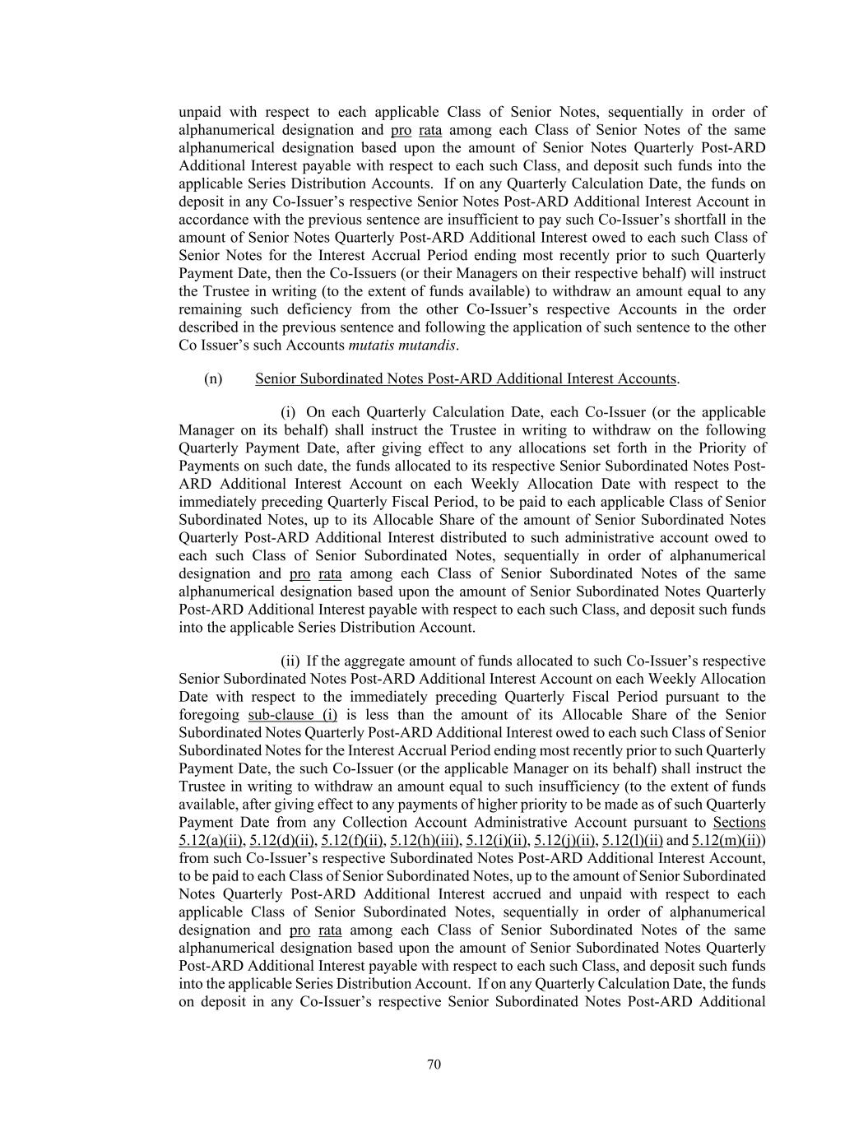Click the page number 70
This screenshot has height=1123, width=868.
[434, 1065]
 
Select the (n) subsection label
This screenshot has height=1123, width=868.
[213, 378]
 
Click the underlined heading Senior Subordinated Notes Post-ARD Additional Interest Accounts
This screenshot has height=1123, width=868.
[466, 378]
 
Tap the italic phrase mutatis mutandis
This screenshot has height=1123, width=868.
[402, 346]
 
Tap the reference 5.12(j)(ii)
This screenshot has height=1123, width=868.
[565, 840]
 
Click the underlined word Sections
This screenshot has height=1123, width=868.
[739, 822]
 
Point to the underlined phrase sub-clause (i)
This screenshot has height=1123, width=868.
[292, 714]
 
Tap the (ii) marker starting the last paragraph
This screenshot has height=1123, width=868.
[290, 661]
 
